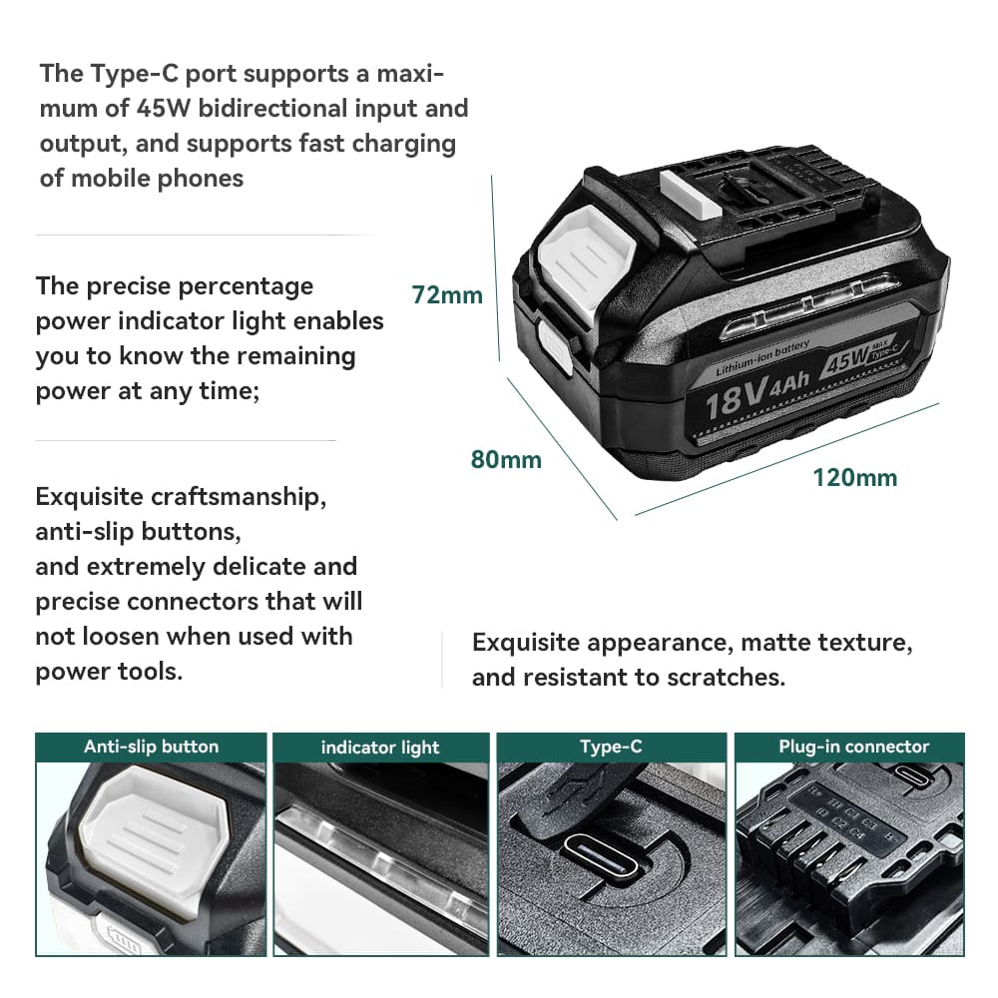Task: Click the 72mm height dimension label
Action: (x=447, y=295)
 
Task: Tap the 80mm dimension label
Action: (x=506, y=459)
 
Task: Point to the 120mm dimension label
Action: (x=855, y=477)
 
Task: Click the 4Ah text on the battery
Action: (x=789, y=382)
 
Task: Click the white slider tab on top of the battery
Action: (x=690, y=194)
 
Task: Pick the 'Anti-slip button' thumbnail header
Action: (x=151, y=747)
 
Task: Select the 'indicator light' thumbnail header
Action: (x=380, y=748)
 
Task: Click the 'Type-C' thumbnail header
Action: (x=611, y=747)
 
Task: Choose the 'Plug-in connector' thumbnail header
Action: (x=853, y=747)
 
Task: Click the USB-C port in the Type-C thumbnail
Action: (x=600, y=855)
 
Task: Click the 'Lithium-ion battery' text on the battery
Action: (x=762, y=357)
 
